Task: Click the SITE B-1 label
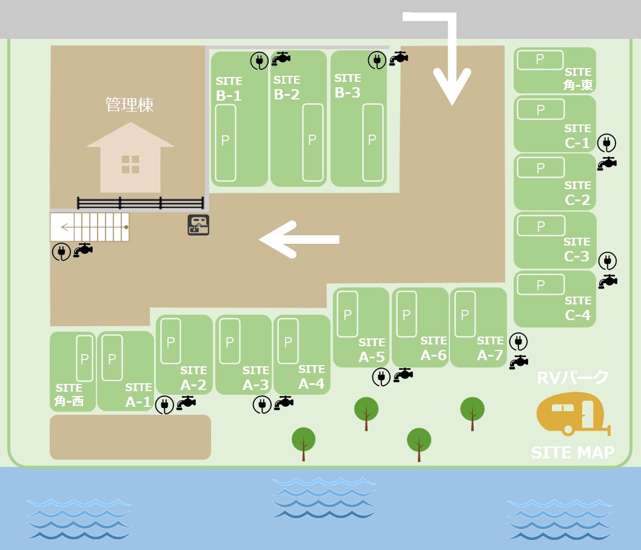coord(229,89)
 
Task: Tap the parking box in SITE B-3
coord(373,143)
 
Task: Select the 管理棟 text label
coord(130,105)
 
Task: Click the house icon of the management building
coord(130,158)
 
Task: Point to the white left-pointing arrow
coord(299,239)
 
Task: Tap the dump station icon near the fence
coord(198,225)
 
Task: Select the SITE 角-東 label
coord(578,78)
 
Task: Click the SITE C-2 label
coord(577,193)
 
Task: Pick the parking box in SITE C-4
coord(541,284)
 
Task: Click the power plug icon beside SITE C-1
coord(606,143)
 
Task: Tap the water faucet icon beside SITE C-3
coord(608,281)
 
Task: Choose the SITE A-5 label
coord(372,350)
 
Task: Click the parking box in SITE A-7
coord(465,314)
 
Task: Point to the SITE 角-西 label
coord(69,395)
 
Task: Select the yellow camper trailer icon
coord(573,414)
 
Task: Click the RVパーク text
coord(572,377)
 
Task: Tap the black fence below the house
coord(140,203)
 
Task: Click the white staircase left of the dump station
coord(90,227)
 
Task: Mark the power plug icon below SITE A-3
coord(262,405)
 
